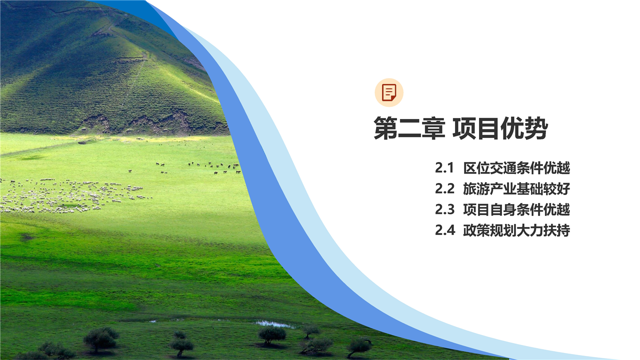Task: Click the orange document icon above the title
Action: [389, 92]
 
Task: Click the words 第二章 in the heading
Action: [409, 128]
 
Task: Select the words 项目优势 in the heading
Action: [500, 128]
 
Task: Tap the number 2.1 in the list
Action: [444, 167]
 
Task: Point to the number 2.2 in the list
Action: [444, 188]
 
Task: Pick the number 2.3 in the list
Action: [444, 209]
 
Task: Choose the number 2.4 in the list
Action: [445, 230]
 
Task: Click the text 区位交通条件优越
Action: [516, 167]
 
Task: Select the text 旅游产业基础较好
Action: [516, 188]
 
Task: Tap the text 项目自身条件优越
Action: [516, 209]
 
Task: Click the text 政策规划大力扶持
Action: [516, 230]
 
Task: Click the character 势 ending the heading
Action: [536, 128]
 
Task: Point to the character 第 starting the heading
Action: [385, 128]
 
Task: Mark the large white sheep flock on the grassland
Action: [71, 195]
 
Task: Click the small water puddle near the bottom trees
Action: [273, 323]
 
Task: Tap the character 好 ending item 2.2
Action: [563, 188]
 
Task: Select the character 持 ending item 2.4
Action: [563, 230]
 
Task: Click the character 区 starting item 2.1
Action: [469, 167]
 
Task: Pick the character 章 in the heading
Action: [433, 128]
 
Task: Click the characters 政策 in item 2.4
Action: [476, 230]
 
